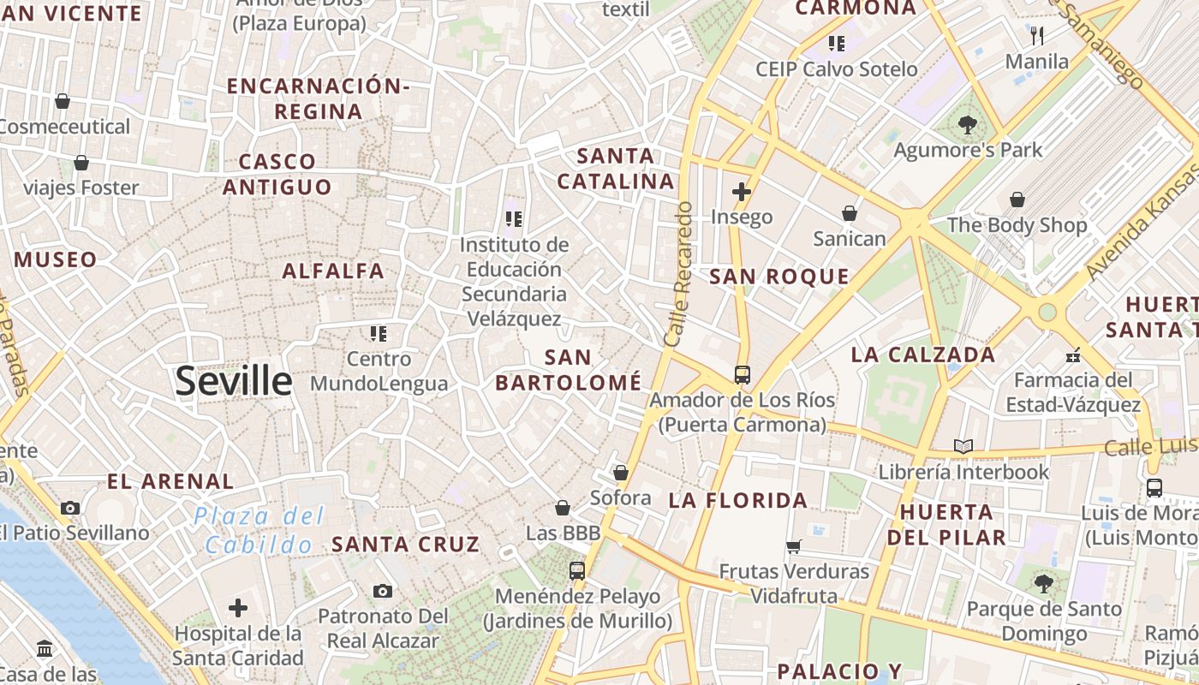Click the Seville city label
(234, 381)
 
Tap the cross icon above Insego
(742, 192)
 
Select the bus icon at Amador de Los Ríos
(742, 374)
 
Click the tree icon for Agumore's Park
(968, 125)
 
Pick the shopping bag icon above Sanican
(850, 212)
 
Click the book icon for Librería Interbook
(963, 446)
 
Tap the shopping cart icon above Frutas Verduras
(794, 545)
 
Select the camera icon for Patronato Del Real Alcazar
(383, 591)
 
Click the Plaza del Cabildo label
(259, 530)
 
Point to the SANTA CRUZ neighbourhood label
(405, 544)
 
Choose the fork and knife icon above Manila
(1037, 35)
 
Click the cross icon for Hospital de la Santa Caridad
(238, 608)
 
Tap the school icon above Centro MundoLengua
(379, 333)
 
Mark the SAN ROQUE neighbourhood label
(779, 277)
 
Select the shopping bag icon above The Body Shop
(1017, 200)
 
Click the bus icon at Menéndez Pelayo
(577, 570)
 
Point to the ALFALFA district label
(333, 271)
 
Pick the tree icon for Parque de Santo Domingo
(1043, 584)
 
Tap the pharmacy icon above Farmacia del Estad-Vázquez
(1073, 354)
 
